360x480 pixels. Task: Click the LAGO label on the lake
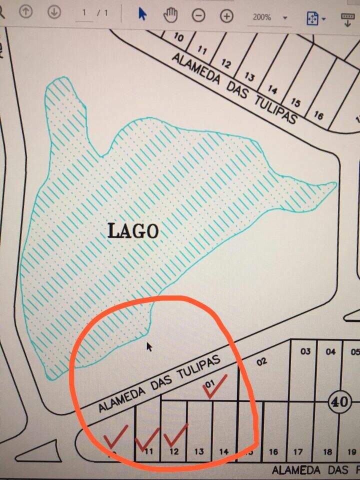(133, 231)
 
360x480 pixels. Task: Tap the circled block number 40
(337, 401)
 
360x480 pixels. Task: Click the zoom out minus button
(199, 15)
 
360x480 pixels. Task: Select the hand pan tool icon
(170, 15)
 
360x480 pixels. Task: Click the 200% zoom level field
(262, 17)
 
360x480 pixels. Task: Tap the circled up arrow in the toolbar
(25, 13)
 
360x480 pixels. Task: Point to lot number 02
(261, 361)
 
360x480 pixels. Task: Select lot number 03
(305, 351)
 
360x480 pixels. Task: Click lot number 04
(330, 351)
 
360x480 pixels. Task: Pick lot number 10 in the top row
(178, 37)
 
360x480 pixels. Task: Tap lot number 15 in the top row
(295, 103)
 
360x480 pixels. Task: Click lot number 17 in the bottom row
(298, 452)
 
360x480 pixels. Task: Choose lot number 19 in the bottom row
(351, 452)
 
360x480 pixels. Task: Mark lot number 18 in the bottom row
(327, 452)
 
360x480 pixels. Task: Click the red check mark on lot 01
(215, 387)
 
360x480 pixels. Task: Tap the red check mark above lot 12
(175, 435)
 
